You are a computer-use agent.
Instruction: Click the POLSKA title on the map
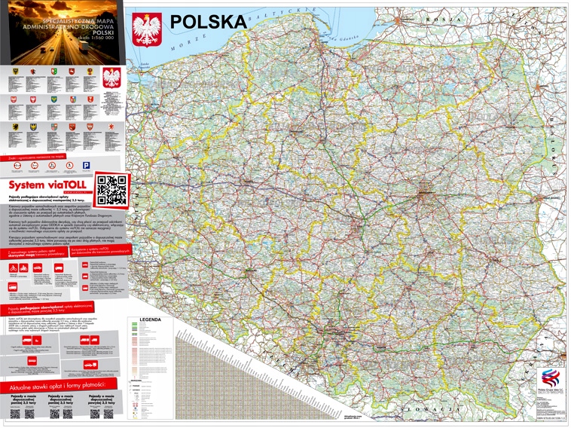209,22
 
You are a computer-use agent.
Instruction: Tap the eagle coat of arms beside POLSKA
147,30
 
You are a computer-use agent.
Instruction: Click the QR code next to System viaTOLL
111,189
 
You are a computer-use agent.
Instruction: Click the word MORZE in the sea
184,47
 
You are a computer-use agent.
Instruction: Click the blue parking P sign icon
87,165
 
